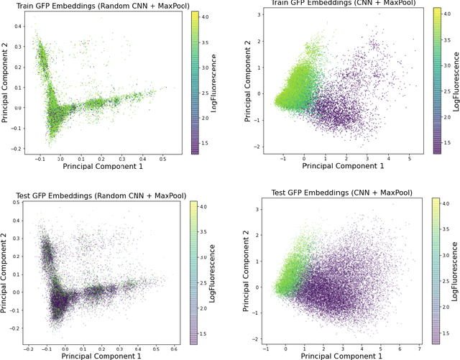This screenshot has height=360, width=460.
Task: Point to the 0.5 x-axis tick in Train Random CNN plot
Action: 164,159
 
